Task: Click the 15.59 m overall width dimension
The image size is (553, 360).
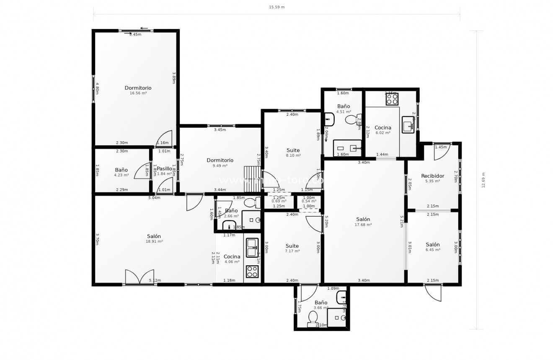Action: tap(276, 7)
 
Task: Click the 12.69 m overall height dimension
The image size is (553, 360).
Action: tap(483, 180)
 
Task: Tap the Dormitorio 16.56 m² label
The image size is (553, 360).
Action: tap(138, 90)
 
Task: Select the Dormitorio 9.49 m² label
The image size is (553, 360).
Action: tap(220, 163)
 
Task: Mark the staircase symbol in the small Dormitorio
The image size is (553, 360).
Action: tap(252, 179)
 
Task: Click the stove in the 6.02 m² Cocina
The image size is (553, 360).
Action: tap(392, 99)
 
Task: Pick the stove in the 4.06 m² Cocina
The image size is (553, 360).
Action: tap(252, 271)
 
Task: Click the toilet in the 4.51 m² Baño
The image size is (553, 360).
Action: tap(351, 120)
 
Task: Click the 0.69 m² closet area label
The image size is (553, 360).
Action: tap(279, 201)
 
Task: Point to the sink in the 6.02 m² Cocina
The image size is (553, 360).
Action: tap(408, 124)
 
